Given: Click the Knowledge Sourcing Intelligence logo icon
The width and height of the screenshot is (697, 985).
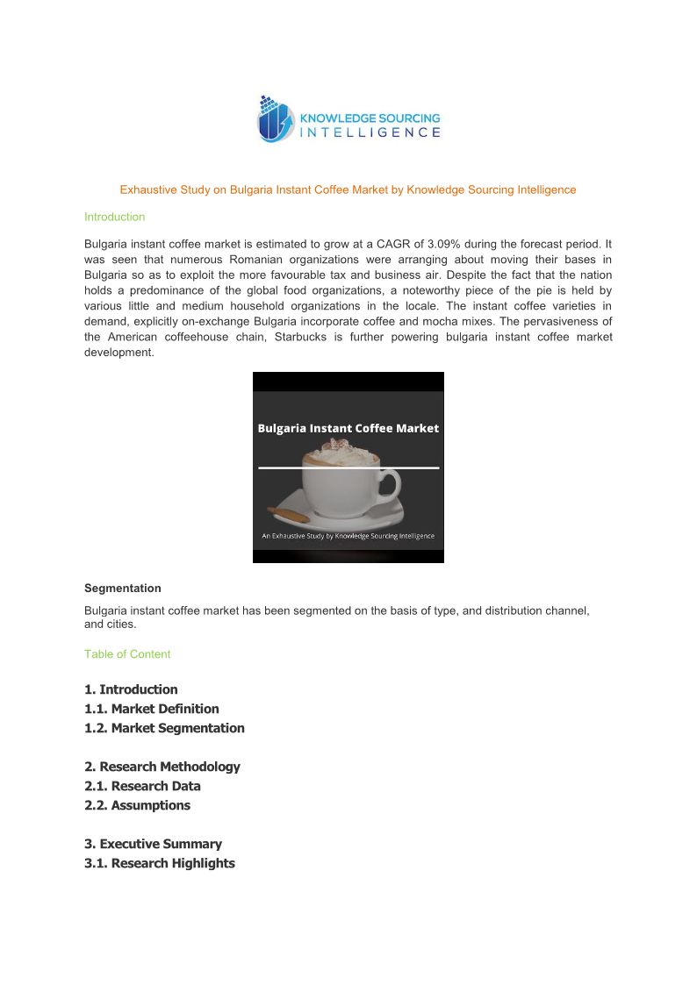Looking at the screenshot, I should pos(277,119).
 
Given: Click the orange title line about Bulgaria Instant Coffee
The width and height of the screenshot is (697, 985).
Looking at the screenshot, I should pos(348,189).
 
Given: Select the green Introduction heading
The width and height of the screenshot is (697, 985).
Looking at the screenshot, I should pos(114,217).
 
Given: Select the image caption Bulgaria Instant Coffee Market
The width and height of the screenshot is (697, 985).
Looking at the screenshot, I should pos(348,429).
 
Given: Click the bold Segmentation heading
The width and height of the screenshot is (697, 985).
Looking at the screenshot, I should pos(122,588).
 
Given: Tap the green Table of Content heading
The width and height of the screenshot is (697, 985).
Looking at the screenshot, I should pos(127,654).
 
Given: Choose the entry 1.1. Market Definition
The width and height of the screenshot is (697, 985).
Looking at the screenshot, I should pos(152,709).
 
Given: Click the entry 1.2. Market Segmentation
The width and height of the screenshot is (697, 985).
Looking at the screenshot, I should pos(164,728).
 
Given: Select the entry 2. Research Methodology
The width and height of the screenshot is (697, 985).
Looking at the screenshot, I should pos(162,767).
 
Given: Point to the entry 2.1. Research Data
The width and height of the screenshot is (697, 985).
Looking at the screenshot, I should pos(142,786).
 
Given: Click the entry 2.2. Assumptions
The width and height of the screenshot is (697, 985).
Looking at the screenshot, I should pos(137,805).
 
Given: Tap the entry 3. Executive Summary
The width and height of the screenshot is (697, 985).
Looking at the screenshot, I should pos(153,844).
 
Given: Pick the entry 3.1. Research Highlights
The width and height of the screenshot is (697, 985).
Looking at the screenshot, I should pos(160,863).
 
